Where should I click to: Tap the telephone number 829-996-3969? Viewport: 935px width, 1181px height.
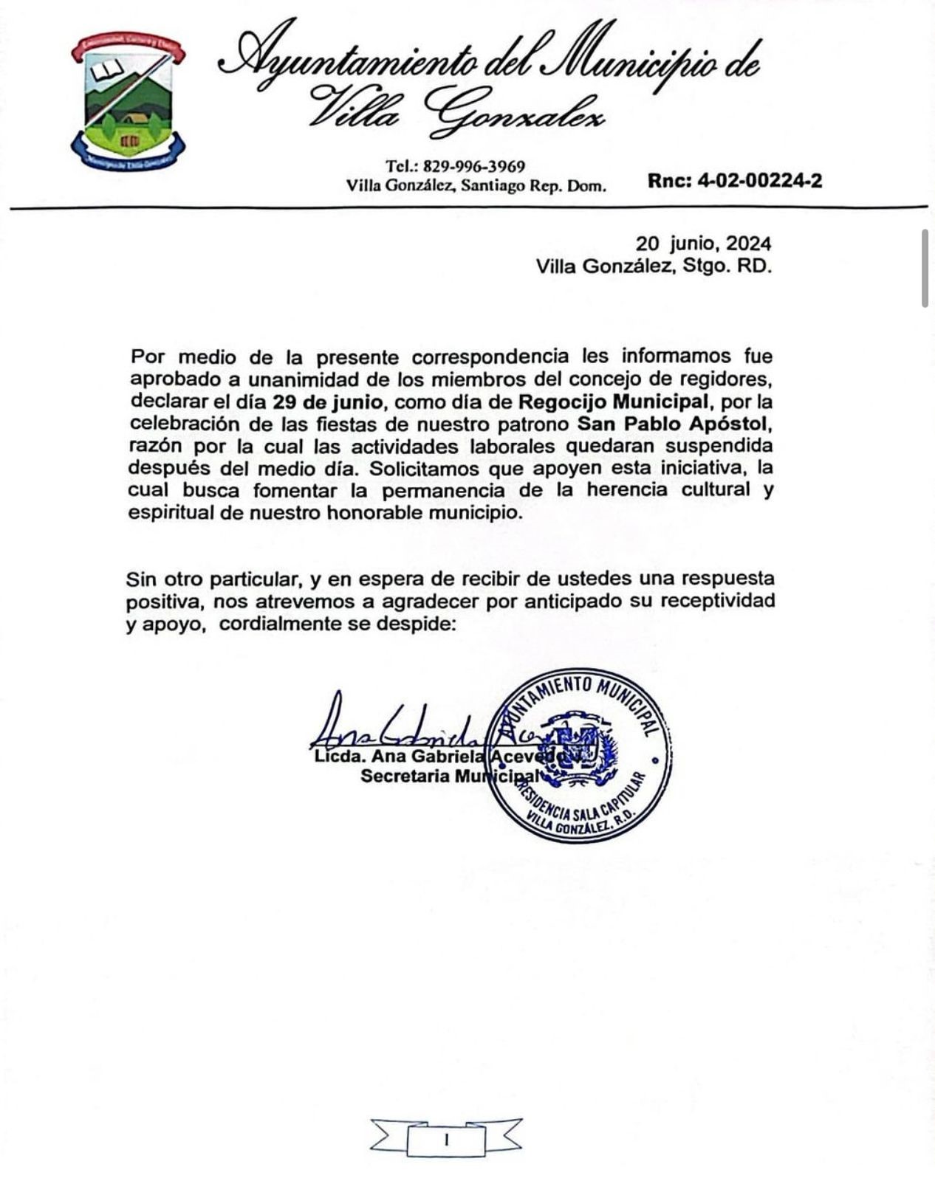click(473, 166)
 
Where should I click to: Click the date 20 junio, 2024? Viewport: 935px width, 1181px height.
click(704, 244)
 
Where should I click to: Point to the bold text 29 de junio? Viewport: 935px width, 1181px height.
click(327, 402)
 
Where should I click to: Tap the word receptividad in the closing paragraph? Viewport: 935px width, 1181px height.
click(717, 601)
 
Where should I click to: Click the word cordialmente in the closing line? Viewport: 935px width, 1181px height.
click(280, 624)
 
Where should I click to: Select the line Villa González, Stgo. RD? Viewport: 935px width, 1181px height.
click(654, 266)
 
